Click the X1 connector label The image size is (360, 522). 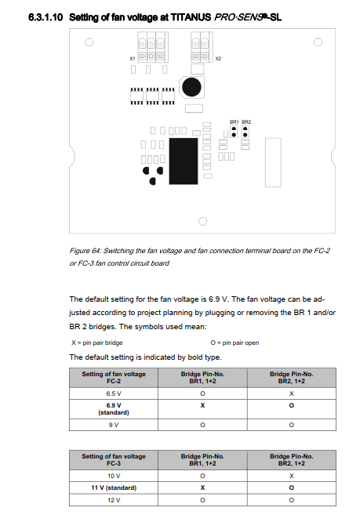(x=133, y=59)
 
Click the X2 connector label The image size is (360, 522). (x=218, y=59)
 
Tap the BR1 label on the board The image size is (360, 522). (x=234, y=122)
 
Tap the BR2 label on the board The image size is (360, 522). (x=246, y=122)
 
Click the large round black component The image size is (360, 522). (x=191, y=87)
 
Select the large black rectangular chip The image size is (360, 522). (x=184, y=161)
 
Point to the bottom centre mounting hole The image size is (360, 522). (x=202, y=221)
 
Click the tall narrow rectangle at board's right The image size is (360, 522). (x=273, y=162)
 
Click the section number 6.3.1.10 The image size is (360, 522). (x=45, y=17)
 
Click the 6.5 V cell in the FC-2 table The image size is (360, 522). (x=114, y=393)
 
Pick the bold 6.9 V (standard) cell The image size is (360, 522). (x=114, y=409)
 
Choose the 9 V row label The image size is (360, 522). (x=114, y=425)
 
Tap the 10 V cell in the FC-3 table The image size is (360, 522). (x=114, y=476)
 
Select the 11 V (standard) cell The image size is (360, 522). (x=114, y=488)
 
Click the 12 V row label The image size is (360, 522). (x=114, y=500)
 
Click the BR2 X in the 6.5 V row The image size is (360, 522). (x=292, y=393)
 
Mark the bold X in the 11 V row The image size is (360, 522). (x=202, y=488)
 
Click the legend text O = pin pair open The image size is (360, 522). (x=235, y=343)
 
